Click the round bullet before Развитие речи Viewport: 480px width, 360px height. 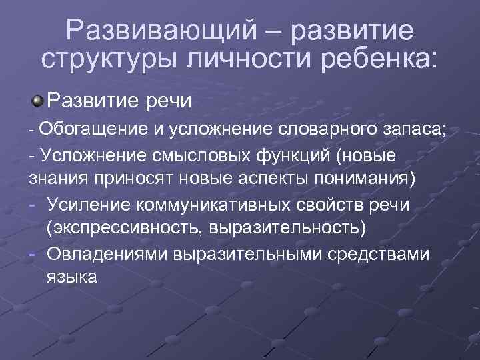pyautogui.click(x=39, y=101)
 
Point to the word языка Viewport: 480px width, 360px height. pyautogui.click(x=72, y=275)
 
